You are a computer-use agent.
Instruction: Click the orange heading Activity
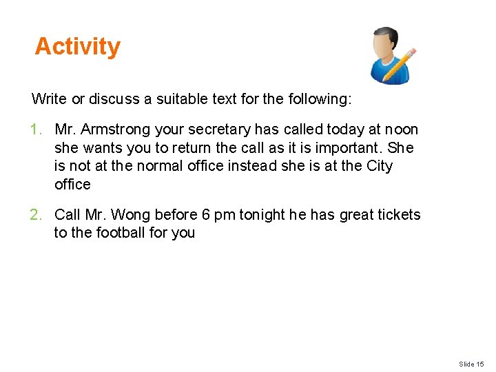tap(77, 47)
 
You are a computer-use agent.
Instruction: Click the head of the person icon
tap(384, 43)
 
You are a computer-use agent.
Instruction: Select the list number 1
tap(37, 130)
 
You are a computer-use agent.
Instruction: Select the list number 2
tap(37, 215)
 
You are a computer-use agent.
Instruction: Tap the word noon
tap(402, 130)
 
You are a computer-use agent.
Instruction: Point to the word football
tap(120, 233)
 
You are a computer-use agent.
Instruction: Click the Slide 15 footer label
tap(471, 364)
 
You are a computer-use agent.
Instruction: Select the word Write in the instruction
tap(49, 99)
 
